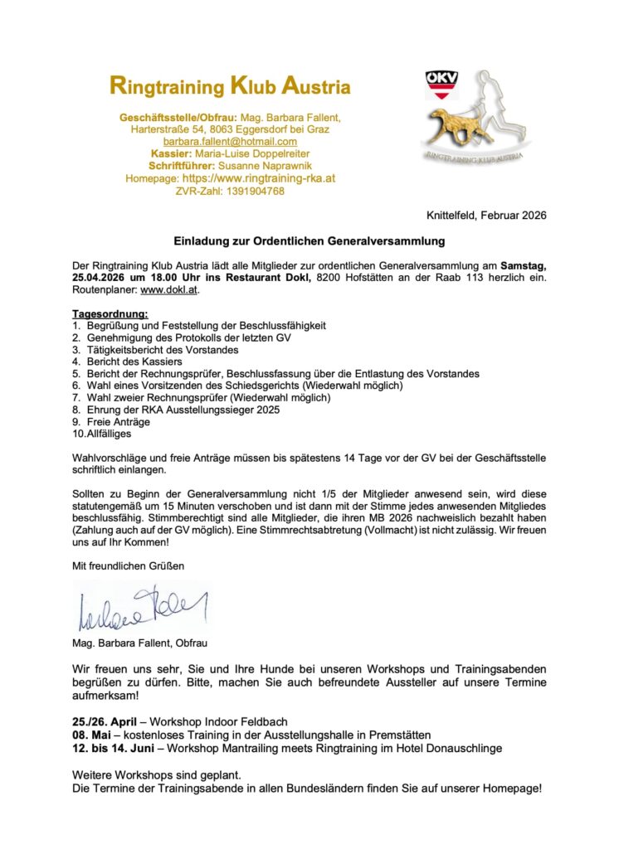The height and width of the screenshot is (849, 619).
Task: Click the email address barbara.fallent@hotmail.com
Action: (x=230, y=142)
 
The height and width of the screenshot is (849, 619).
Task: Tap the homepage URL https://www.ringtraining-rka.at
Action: (x=259, y=178)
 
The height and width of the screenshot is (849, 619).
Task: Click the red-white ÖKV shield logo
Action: (x=441, y=85)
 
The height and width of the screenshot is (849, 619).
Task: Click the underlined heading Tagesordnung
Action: (x=110, y=314)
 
